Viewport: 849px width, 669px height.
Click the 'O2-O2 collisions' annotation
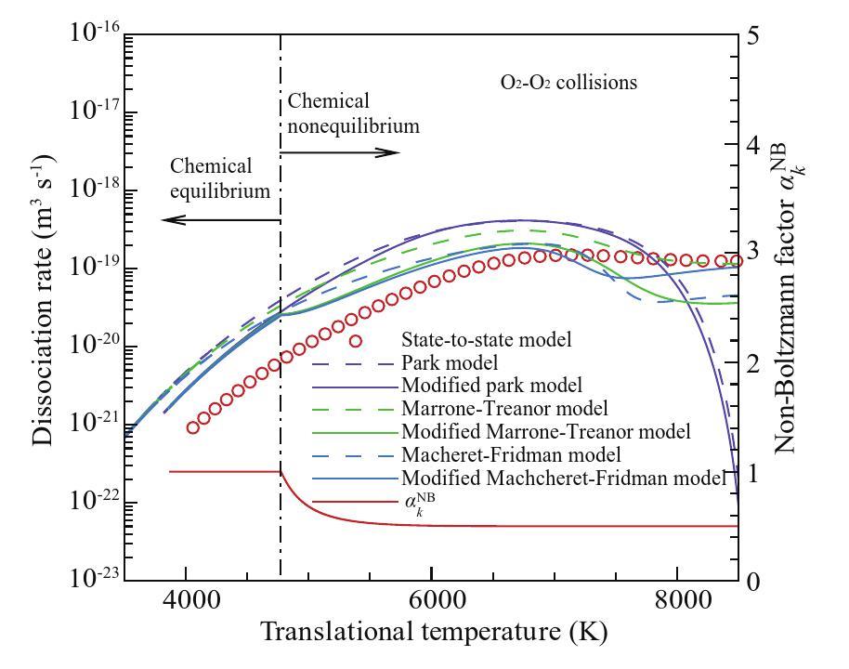coord(568,83)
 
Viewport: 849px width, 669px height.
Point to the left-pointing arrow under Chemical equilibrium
coord(220,220)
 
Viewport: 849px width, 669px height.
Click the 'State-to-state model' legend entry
coord(478,337)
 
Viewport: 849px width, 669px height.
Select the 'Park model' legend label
coord(444,361)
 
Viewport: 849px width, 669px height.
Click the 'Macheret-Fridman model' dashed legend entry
coord(512,455)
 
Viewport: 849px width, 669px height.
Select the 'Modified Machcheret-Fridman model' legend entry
coord(562,479)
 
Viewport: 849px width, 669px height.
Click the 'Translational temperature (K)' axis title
coord(434,635)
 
